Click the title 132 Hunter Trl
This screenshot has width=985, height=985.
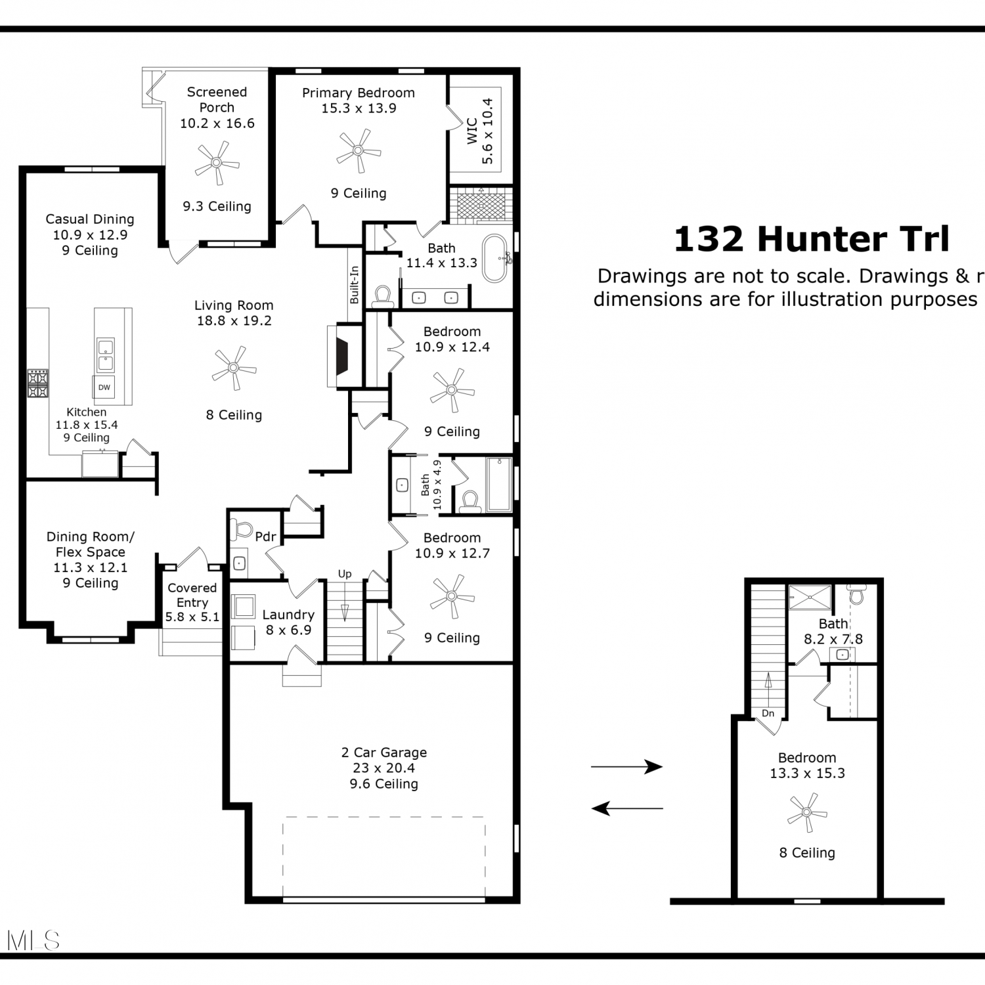[812, 239]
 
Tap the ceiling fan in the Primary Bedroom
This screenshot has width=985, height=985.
[358, 150]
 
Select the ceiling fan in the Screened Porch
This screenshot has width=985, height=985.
[217, 162]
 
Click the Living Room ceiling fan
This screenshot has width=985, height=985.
[234, 368]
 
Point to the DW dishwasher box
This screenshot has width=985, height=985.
[104, 387]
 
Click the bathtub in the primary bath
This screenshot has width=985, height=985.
[496, 258]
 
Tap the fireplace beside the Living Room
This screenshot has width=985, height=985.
[343, 355]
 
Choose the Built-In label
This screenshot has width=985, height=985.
[355, 284]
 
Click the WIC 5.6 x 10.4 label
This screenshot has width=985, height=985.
[479, 131]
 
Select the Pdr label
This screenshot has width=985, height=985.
[265, 536]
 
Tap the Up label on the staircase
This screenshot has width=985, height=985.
[345, 574]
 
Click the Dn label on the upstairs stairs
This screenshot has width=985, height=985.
[768, 713]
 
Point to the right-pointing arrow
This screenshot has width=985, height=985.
[626, 766]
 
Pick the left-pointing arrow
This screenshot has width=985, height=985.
[627, 808]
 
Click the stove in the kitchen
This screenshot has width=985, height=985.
[37, 383]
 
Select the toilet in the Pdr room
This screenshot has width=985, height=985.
[243, 529]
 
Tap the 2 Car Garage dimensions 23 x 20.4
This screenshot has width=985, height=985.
[384, 768]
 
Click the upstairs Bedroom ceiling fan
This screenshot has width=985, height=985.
[806, 813]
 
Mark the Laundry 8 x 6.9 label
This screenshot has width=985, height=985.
[288, 622]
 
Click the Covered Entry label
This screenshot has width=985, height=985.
[192, 595]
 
